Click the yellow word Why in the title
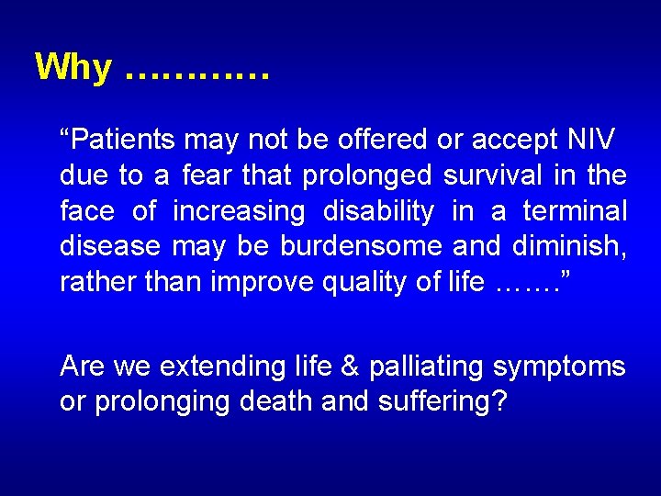tap(73, 68)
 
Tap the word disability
tap(378, 212)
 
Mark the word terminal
tap(575, 211)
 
